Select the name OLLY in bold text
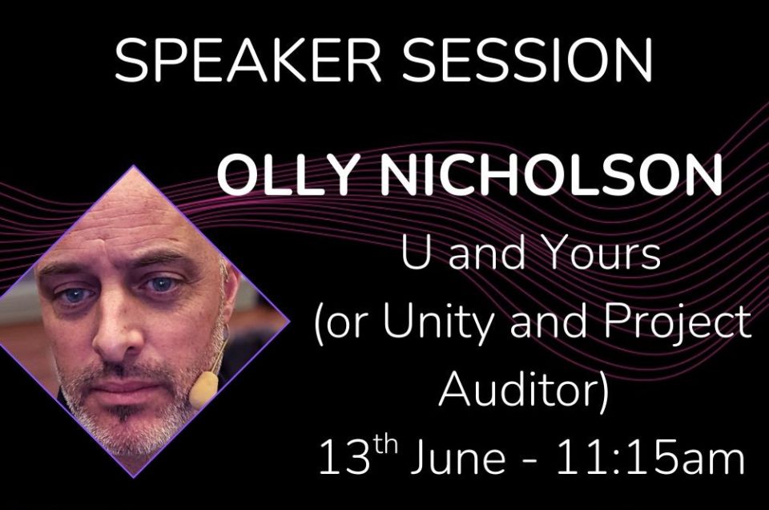285,176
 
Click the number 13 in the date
344,459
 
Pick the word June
457,459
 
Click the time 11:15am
651,459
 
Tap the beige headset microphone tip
203,389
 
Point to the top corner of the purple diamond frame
134,167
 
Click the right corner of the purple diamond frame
289,322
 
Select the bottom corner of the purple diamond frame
134,477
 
